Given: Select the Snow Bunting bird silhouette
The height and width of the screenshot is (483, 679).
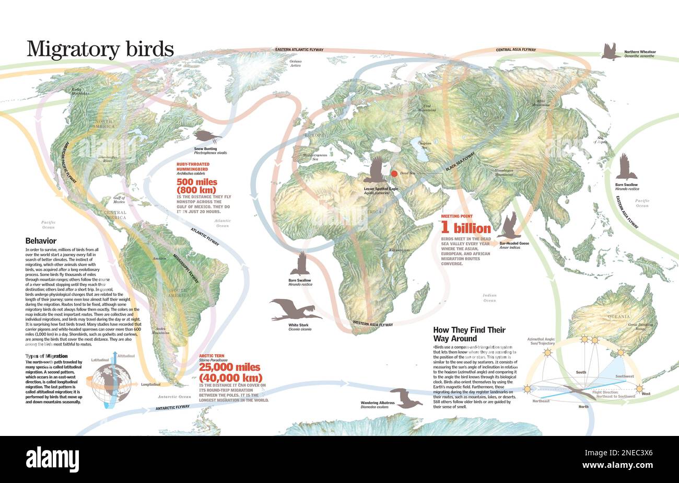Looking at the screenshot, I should tap(207, 136).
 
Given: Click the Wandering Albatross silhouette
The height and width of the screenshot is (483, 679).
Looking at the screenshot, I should tap(405, 398).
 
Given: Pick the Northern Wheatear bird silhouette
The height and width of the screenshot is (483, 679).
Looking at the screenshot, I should tap(610, 51).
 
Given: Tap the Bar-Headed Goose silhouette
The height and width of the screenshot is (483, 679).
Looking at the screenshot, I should tap(510, 226).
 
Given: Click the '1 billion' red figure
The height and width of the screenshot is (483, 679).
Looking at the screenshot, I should tap(466, 228).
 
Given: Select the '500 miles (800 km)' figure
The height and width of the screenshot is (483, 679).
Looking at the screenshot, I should tap(196, 186).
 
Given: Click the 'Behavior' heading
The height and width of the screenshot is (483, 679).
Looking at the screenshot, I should tap(41, 241).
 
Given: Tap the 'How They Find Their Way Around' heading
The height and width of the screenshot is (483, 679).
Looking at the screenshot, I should tap(469, 334).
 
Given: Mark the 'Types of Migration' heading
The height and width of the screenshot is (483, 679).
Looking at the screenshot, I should tap(46, 356).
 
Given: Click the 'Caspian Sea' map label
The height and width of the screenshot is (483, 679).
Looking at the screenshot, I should tap(425, 144).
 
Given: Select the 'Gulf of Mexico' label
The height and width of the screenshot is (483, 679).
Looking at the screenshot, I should tap(119, 200).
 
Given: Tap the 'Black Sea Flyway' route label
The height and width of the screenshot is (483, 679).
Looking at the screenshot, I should tap(461, 159).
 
